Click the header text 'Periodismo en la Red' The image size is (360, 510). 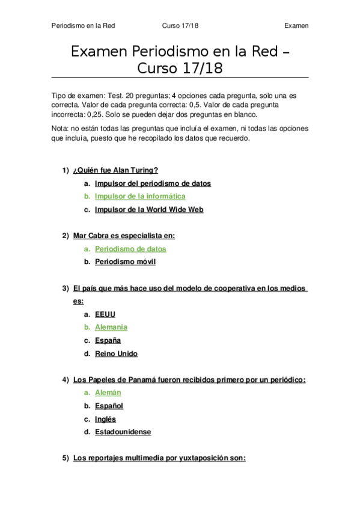tap(84, 26)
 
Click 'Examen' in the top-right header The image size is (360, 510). tap(296, 26)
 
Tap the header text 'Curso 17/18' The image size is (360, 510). tap(180, 26)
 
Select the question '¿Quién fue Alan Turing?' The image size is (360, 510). tap(115, 170)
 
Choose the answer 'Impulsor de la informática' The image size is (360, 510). tap(140, 196)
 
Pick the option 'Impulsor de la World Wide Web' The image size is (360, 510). tap(149, 209)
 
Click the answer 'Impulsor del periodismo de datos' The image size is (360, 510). tap(153, 183)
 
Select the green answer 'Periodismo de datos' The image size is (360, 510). tap(130, 248)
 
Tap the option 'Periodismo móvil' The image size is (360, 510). tap(125, 262)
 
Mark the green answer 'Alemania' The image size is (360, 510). tap(111, 327)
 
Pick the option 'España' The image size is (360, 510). tap(108, 340)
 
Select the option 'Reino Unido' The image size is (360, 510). tap(116, 354)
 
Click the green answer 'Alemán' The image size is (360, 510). tap(108, 393)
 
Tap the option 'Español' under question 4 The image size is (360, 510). tap(109, 406)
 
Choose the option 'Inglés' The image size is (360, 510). tap(105, 419)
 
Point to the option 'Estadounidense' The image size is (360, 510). tap(123, 432)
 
